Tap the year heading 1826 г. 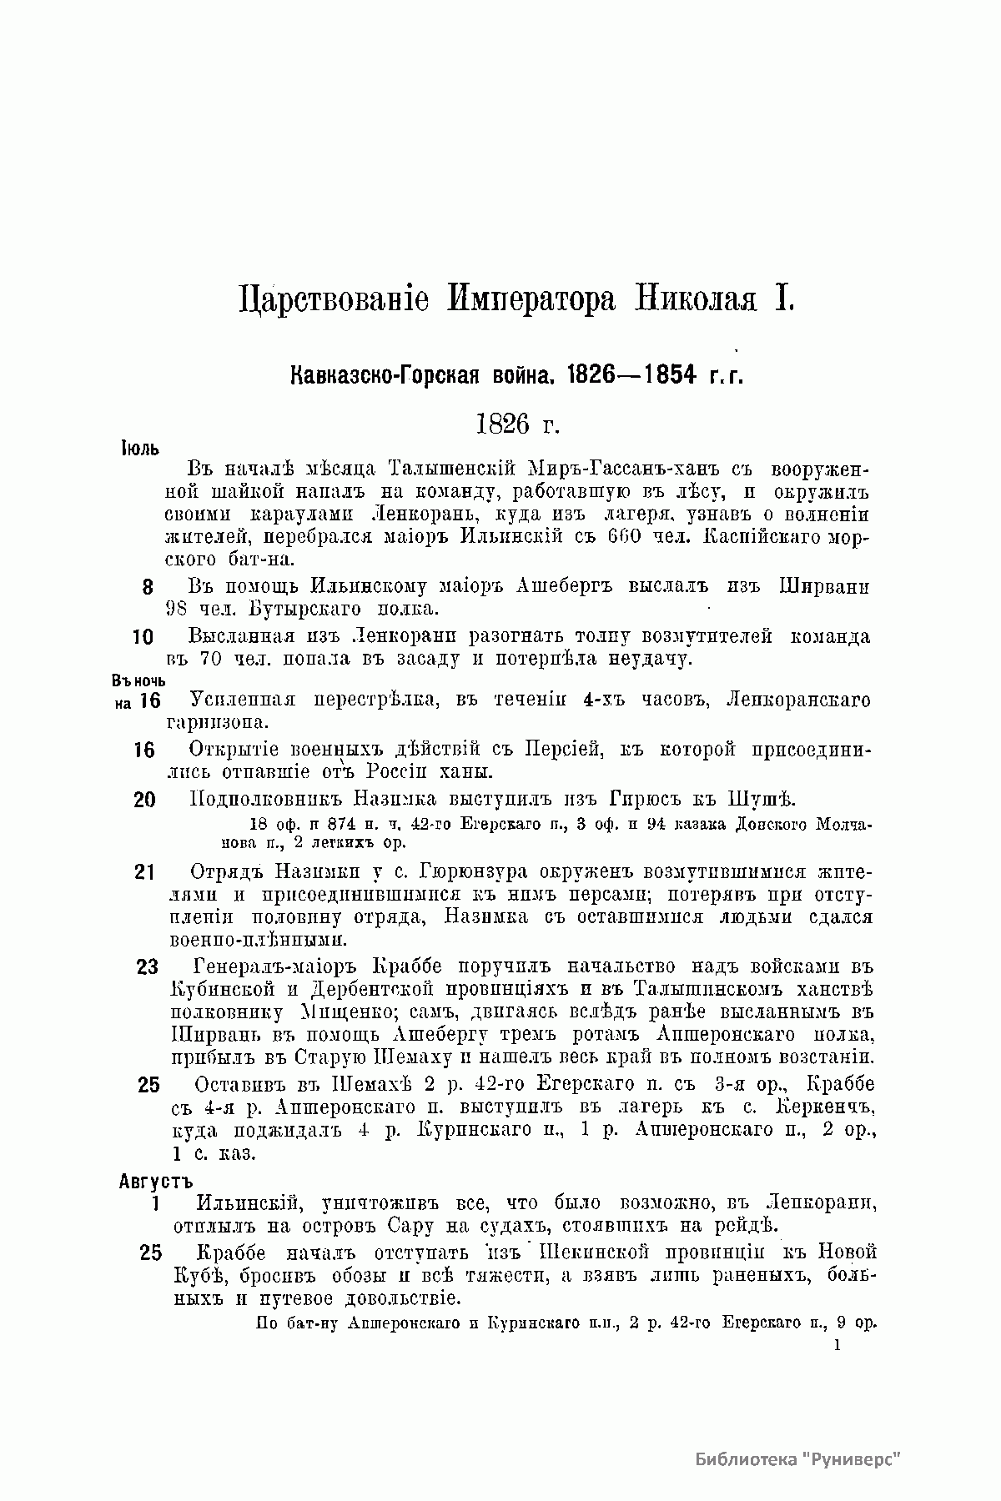click(516, 424)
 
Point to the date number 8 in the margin click(148, 587)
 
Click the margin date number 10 click(143, 637)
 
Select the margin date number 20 click(144, 800)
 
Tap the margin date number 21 click(145, 872)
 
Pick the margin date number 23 click(147, 967)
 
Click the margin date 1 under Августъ click(155, 1204)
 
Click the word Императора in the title click(534, 298)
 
